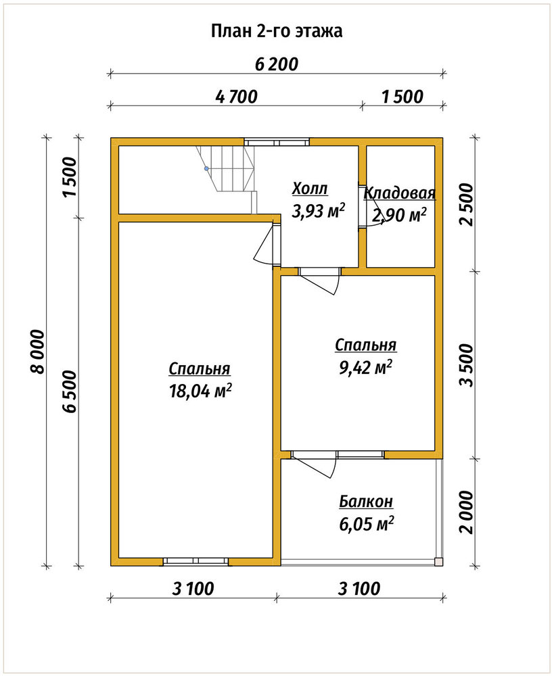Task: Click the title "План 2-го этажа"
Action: [277, 31]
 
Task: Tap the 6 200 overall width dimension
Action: [277, 64]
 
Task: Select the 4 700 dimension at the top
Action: [236, 97]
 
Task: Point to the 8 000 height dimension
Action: [38, 352]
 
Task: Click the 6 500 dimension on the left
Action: [70, 391]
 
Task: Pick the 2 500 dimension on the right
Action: [467, 204]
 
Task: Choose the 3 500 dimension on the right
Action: [467, 365]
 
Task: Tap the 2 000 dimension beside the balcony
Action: [467, 512]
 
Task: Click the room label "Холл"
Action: [310, 189]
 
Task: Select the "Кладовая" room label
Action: [400, 193]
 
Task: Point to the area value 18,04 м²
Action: [201, 391]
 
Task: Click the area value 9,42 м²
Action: [365, 367]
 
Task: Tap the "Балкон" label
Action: [366, 502]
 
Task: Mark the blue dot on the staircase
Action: [206, 168]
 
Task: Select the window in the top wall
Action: [277, 142]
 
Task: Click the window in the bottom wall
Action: [195, 561]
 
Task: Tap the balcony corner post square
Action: [438, 561]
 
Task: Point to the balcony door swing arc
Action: [333, 466]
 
